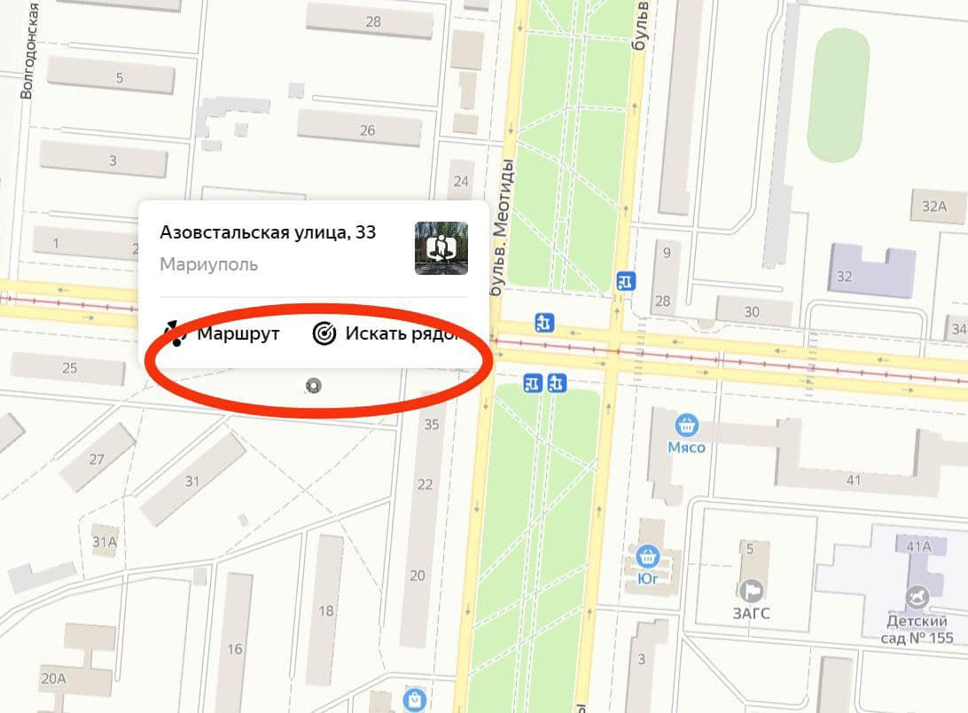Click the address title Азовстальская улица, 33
pos(268,232)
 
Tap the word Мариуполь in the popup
pos(209,264)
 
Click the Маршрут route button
pos(223,334)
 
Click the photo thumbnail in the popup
pos(441,248)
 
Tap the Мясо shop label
pos(686,447)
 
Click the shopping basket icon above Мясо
pos(686,425)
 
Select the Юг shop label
pos(648,580)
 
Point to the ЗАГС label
pos(752,613)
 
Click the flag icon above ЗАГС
pos(752,590)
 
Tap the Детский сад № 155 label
pos(917,629)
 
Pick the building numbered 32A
pos(934,207)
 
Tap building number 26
pos(366,130)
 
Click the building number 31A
pos(105,541)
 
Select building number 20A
pos(53,678)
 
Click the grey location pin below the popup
pos(313,386)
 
